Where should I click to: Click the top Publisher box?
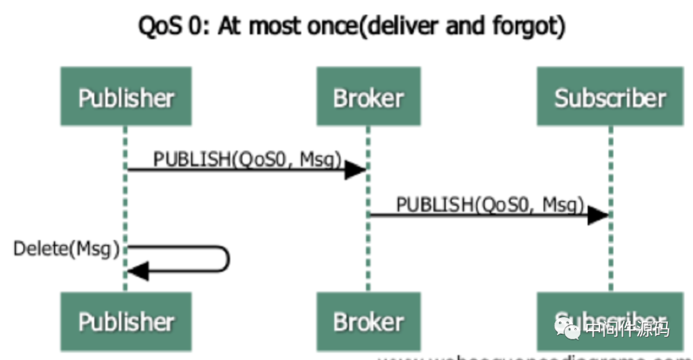pyautogui.click(x=126, y=96)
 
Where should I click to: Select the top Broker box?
pyautogui.click(x=368, y=96)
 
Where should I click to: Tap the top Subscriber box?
pyautogui.click(x=610, y=96)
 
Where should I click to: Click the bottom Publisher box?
pyautogui.click(x=126, y=321)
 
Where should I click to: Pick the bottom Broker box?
pyautogui.click(x=368, y=321)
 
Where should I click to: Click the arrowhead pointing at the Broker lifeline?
pyautogui.click(x=355, y=169)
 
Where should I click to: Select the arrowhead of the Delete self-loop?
pyautogui.click(x=138, y=271)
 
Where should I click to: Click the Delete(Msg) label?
pyautogui.click(x=67, y=249)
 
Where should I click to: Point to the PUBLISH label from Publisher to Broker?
pyautogui.click(x=246, y=159)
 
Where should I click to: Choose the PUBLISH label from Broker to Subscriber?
pyautogui.click(x=490, y=205)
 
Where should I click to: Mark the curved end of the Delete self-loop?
pyautogui.click(x=227, y=259)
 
